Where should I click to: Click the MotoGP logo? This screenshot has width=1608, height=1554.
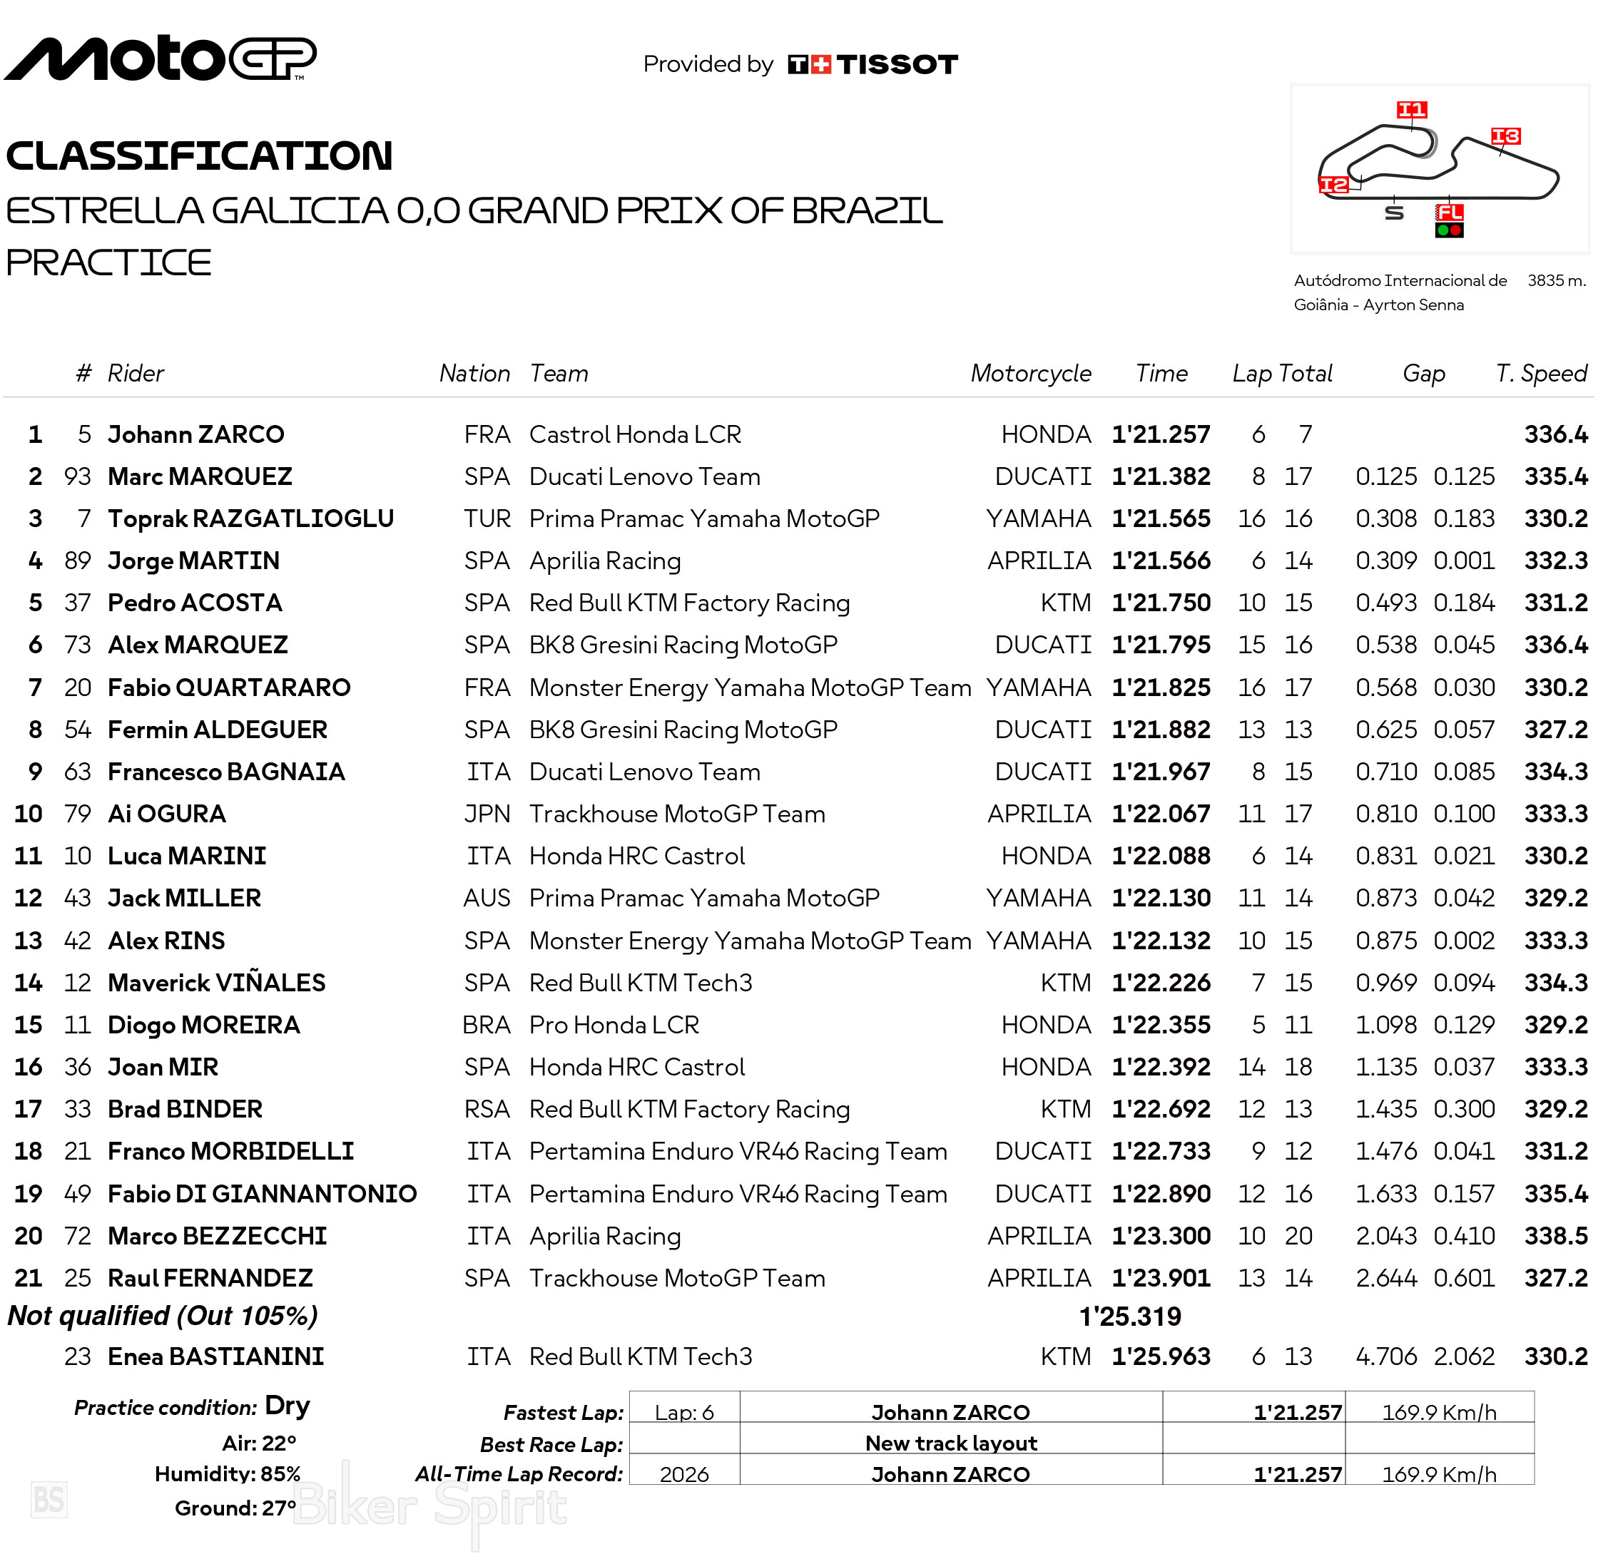click(x=160, y=58)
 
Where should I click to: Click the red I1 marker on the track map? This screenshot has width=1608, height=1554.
click(x=1411, y=110)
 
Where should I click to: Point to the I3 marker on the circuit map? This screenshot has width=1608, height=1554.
click(x=1505, y=136)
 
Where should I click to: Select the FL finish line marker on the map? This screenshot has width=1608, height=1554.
click(x=1449, y=213)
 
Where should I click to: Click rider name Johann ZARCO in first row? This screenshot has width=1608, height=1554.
click(x=196, y=434)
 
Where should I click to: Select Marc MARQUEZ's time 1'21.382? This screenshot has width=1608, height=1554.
click(x=1160, y=476)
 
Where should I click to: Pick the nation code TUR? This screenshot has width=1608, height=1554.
click(x=487, y=519)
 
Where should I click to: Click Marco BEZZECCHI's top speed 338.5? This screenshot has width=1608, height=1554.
click(x=1555, y=1236)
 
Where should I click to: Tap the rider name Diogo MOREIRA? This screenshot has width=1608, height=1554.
click(x=204, y=1025)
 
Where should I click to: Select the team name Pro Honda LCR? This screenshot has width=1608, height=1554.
click(x=614, y=1025)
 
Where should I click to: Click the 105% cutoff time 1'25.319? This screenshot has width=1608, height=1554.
click(x=1130, y=1317)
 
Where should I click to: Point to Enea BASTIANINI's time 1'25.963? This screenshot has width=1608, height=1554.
click(x=1160, y=1356)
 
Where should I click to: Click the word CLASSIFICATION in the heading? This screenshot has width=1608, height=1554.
click(x=199, y=155)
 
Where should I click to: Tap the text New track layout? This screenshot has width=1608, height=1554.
click(x=951, y=1443)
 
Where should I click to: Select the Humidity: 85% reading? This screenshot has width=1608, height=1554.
click(x=228, y=1474)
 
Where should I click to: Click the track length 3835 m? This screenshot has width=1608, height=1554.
click(x=1555, y=280)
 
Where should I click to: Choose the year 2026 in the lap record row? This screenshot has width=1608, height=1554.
click(x=684, y=1474)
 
